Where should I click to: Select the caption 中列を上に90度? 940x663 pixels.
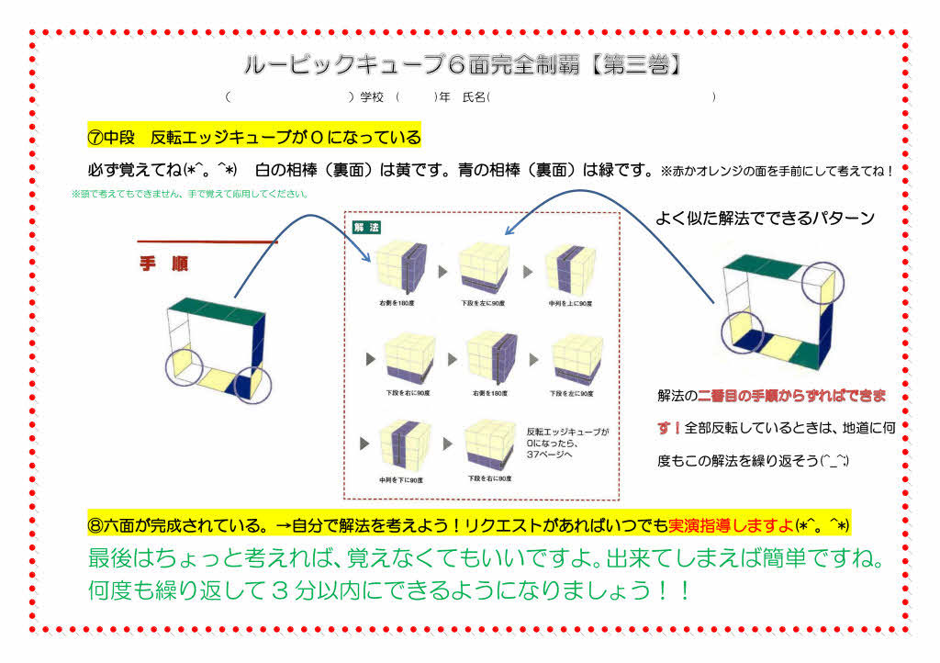570,302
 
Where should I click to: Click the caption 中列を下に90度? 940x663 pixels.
400,479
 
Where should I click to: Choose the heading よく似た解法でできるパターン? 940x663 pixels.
764,219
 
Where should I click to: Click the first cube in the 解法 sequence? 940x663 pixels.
400,266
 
